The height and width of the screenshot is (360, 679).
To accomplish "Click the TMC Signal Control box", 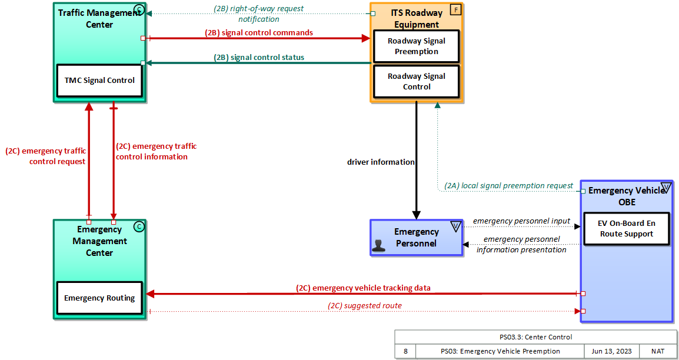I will pos(99,81).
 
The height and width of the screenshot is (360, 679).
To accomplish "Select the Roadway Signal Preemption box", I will pos(417,46).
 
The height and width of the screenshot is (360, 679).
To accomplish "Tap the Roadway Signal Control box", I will pos(417,82).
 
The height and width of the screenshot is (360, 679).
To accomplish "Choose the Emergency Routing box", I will pos(99,298).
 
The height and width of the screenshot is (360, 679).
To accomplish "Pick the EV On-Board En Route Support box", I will pos(626,229).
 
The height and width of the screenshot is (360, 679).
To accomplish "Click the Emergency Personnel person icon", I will pos(379,246).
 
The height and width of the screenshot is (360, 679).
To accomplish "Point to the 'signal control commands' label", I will pos(259,33).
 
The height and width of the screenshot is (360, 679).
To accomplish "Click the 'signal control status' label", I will pos(259,58).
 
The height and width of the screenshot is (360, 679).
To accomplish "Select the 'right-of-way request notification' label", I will pos(259,14).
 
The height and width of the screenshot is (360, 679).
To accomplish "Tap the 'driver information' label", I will pos(381,162).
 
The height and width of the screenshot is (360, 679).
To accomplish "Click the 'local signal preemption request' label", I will pos(508,186).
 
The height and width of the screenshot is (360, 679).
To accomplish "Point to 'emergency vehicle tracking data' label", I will pos(363,288).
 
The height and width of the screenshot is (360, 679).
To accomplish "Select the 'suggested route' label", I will pos(365,306).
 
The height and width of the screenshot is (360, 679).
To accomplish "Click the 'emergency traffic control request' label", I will pos(46,156).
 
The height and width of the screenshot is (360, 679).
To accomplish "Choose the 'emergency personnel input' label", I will pos(521,221).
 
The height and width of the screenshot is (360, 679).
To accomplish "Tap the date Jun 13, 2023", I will pos(611,351).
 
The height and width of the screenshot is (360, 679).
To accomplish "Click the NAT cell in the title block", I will pos(658,351).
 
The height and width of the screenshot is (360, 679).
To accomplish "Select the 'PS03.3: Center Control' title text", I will pos(535,337).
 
